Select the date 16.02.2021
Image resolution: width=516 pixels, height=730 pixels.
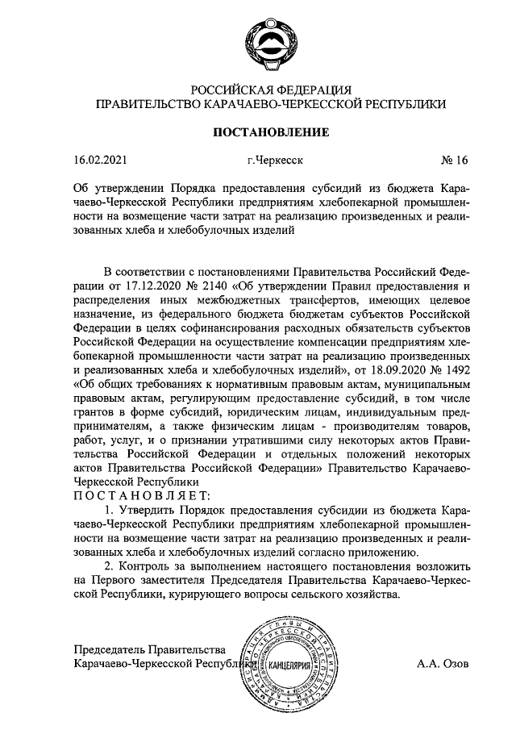[99, 161]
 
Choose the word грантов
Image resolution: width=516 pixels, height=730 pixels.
[93, 411]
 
